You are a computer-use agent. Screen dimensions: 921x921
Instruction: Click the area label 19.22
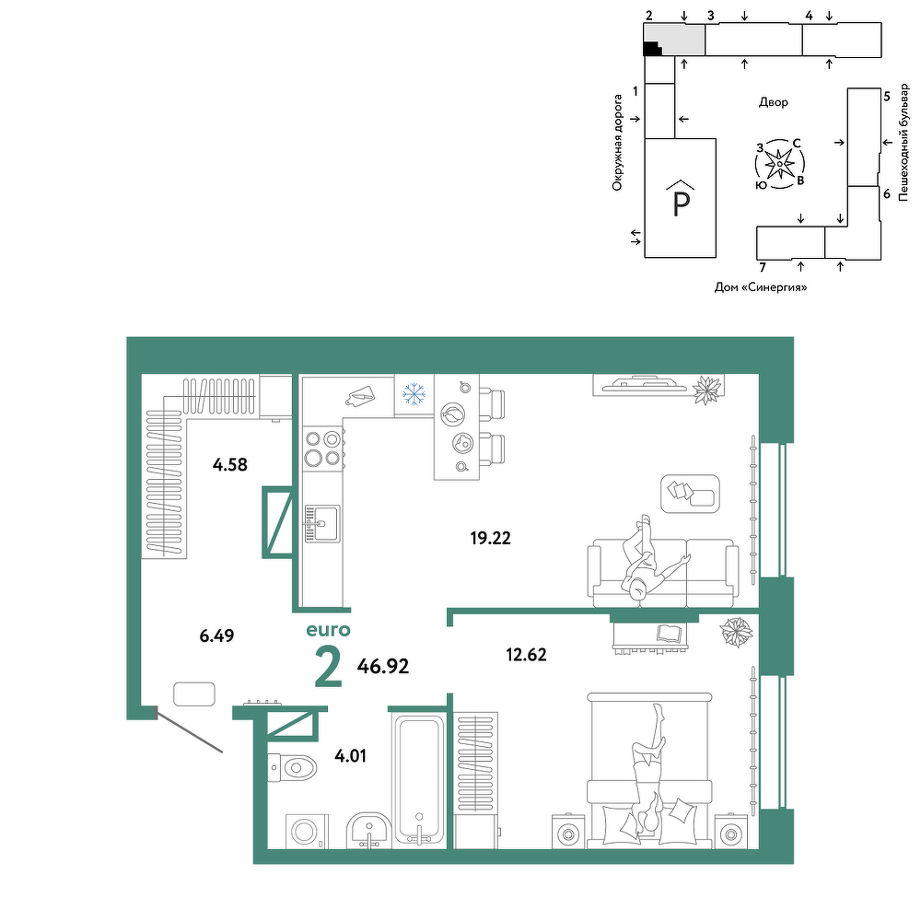[x=491, y=538]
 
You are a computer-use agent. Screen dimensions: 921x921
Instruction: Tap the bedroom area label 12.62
[x=526, y=654]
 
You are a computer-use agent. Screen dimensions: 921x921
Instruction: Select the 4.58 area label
[x=229, y=465]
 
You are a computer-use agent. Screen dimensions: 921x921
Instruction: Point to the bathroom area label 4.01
[x=350, y=755]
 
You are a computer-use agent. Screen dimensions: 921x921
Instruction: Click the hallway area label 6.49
[x=216, y=635]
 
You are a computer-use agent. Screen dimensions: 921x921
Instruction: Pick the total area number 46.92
[x=383, y=666]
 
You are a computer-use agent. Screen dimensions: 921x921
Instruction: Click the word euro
[x=329, y=630]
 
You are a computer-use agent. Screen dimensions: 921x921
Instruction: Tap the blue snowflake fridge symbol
[x=414, y=394]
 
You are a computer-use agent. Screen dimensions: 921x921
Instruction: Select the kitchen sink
[x=321, y=523]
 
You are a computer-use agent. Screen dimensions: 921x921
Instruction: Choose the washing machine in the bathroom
[x=307, y=831]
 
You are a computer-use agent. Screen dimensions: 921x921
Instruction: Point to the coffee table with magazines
[x=690, y=494]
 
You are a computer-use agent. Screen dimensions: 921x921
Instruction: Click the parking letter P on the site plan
[x=681, y=204]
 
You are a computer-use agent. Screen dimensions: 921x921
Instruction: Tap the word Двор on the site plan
[x=774, y=102]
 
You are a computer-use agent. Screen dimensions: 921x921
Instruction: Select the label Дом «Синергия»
[x=761, y=287]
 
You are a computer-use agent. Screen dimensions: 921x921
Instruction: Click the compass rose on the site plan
[x=779, y=164]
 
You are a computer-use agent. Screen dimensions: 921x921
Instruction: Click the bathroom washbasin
[x=369, y=830]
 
